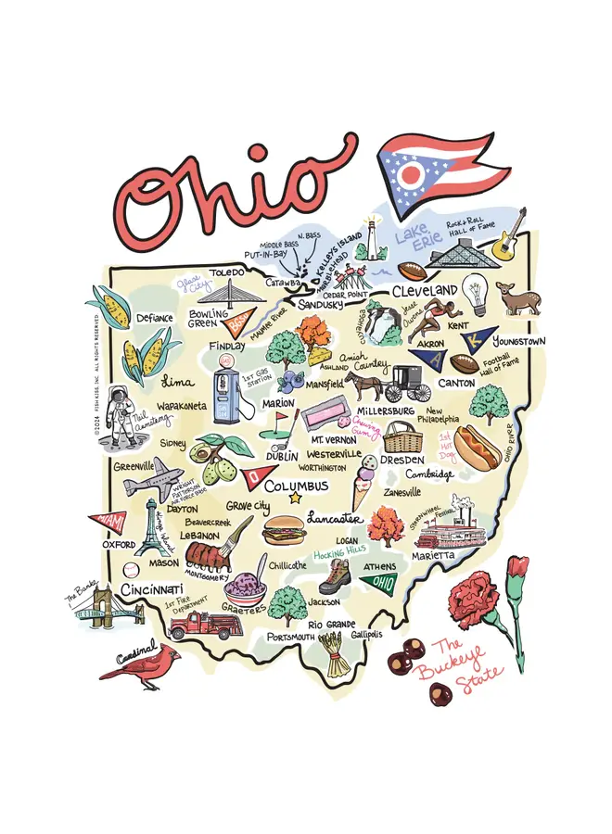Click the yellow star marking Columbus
click(296, 499)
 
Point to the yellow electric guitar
click(507, 239)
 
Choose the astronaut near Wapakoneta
click(119, 412)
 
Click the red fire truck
click(205, 623)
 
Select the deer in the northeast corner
click(519, 297)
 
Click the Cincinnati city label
click(151, 590)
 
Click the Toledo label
click(226, 272)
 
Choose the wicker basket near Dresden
click(402, 436)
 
